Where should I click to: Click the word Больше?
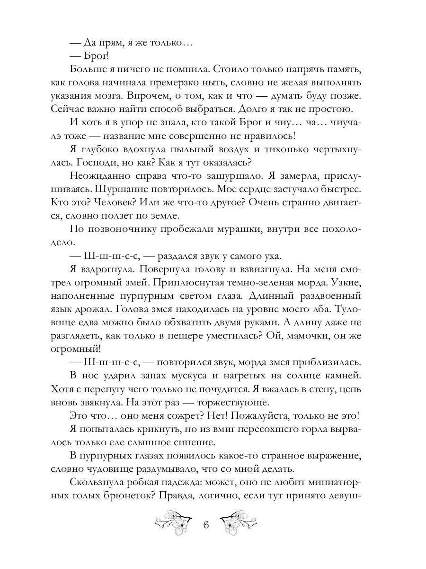88,69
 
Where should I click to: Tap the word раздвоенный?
328,296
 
